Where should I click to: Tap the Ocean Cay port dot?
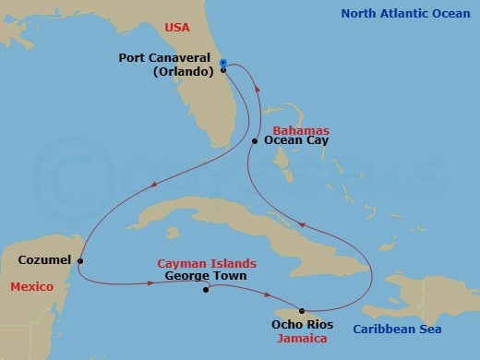click(x=255, y=141)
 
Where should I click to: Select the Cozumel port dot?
click(x=81, y=260)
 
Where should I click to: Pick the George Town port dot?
click(x=205, y=289)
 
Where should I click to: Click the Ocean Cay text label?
click(x=296, y=141)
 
